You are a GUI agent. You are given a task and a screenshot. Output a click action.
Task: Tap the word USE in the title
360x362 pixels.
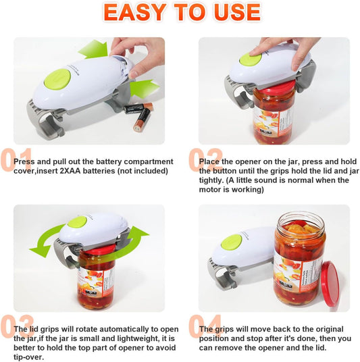pos(234,12)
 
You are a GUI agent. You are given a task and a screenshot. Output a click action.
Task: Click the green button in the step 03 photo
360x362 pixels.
pos(77,221)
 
